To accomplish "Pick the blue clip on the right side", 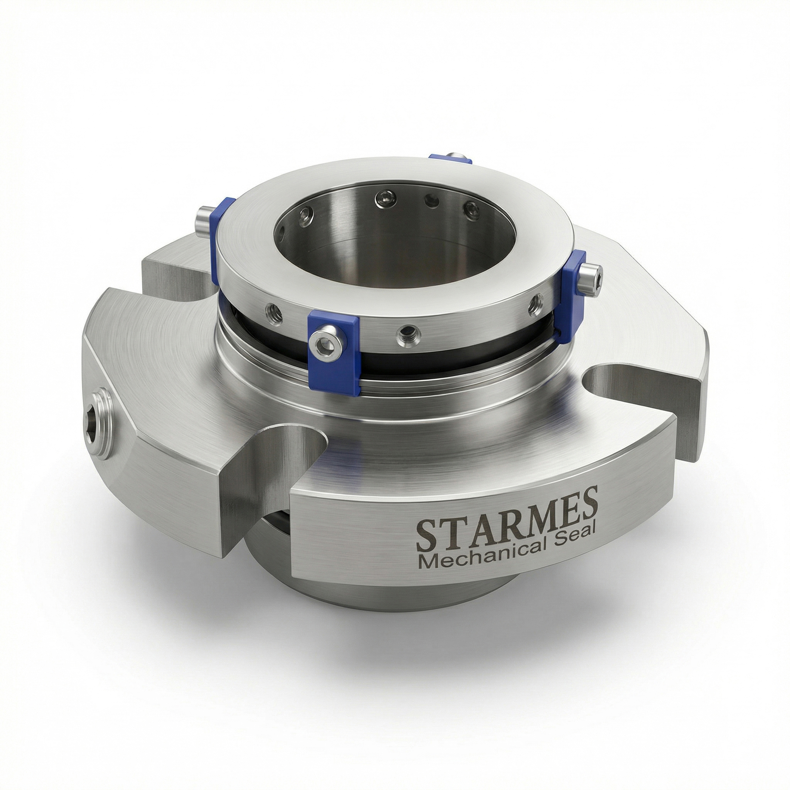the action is (573, 296).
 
